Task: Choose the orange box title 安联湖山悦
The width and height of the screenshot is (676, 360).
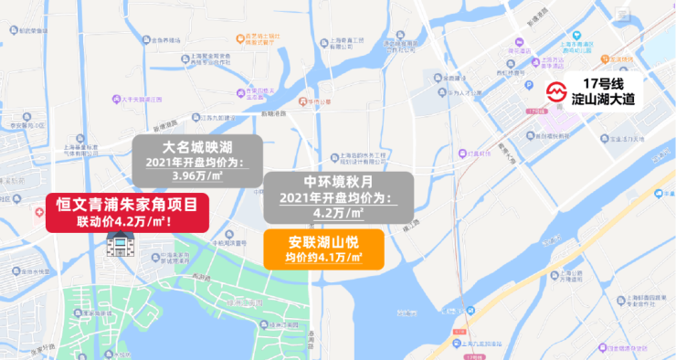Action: (x=325, y=242)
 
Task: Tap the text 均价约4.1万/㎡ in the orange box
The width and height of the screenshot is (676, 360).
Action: (x=325, y=259)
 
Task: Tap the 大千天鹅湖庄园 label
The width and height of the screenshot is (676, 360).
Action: (x=137, y=98)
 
